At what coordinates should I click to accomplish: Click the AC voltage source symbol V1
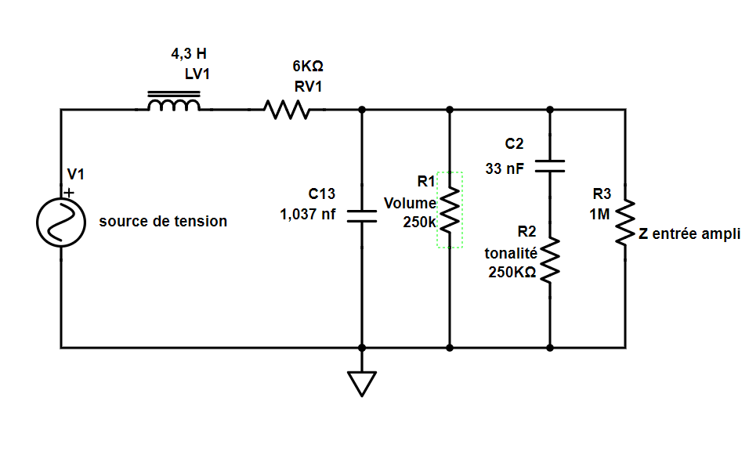coord(60,222)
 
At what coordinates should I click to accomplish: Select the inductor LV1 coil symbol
coord(174,105)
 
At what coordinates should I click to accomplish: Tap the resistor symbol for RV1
coord(288,110)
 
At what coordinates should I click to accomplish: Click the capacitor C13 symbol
coord(361,216)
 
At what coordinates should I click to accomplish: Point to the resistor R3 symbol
coord(624,222)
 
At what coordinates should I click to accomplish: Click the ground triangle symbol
coord(361,382)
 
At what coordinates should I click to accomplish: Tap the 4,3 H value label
coord(190,55)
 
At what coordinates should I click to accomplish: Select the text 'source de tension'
coord(163,222)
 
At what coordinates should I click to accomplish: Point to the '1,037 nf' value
coord(307,214)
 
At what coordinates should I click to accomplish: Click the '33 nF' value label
coord(505,167)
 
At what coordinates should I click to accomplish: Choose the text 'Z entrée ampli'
coord(689,233)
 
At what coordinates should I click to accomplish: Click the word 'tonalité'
coord(511,253)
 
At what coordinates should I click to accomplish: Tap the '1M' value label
coord(599,212)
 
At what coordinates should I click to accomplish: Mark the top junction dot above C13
coord(361,110)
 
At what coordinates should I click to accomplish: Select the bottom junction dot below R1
coord(450,346)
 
